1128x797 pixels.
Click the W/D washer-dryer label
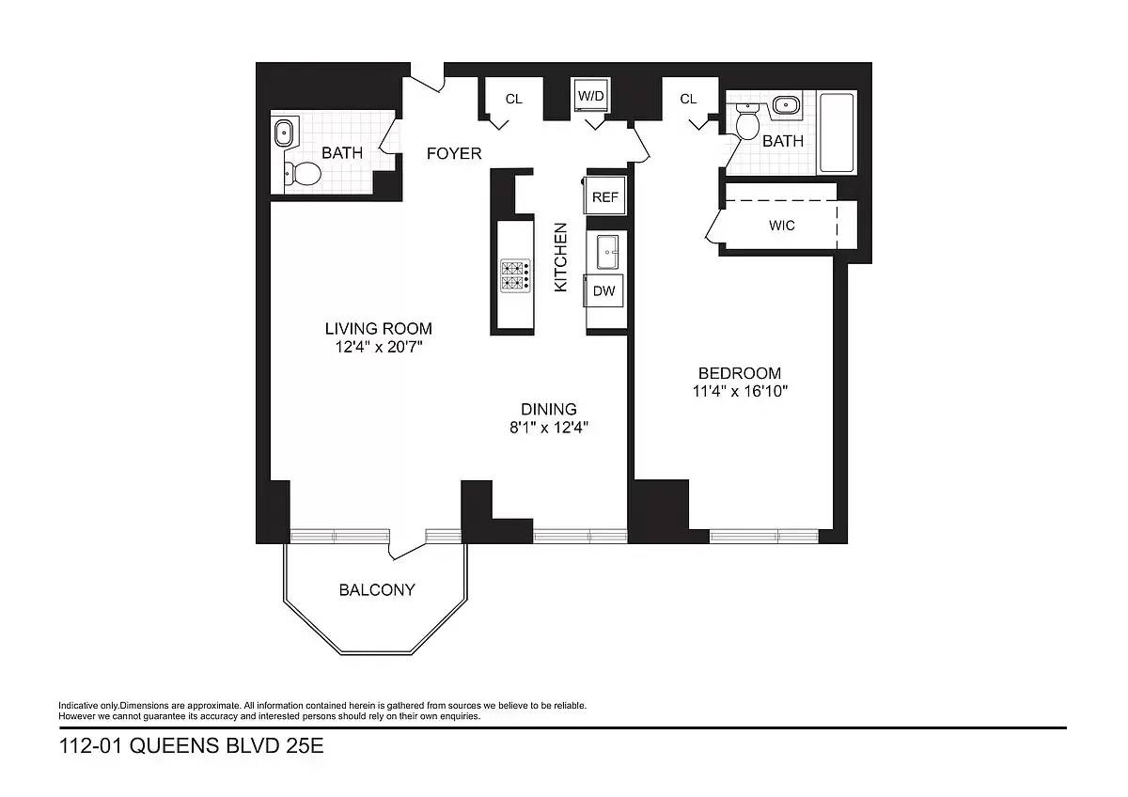tap(590, 96)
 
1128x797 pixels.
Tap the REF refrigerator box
tap(604, 196)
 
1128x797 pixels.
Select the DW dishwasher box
tap(603, 290)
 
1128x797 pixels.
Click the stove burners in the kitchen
tap(515, 276)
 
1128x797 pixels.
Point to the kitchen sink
tap(608, 252)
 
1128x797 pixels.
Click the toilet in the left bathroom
tap(303, 174)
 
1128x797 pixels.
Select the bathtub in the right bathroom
tap(837, 133)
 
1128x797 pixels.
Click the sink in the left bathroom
tap(284, 133)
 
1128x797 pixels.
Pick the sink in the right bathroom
tap(786, 106)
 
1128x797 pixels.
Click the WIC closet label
tap(781, 225)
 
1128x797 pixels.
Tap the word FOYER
tap(454, 153)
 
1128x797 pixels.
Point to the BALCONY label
tap(377, 589)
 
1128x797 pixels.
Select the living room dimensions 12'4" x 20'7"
tap(379, 347)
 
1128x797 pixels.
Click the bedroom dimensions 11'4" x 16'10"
tap(740, 391)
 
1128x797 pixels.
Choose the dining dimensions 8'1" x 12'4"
tap(549, 428)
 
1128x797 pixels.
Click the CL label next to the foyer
tap(513, 100)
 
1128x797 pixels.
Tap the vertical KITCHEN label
tap(560, 258)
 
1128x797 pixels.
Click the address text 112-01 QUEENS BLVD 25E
tap(192, 745)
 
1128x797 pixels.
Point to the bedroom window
tap(764, 536)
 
